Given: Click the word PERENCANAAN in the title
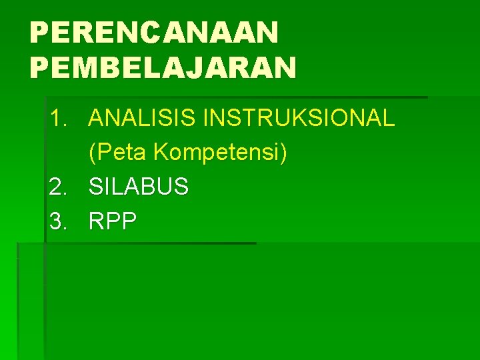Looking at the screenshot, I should click(x=154, y=31).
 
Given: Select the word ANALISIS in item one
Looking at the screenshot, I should click(x=143, y=119).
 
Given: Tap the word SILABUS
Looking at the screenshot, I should click(x=139, y=187).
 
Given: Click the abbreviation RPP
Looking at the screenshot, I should click(x=112, y=221).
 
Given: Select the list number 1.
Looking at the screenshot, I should click(x=58, y=119).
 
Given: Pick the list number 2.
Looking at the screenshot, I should click(x=58, y=187).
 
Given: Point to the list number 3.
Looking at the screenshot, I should click(x=58, y=221).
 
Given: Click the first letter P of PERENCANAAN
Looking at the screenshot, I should click(x=39, y=31).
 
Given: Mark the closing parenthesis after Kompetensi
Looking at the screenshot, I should click(x=284, y=153).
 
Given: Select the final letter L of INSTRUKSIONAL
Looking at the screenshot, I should click(x=389, y=119).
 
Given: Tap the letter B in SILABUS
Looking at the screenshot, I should click(x=146, y=187).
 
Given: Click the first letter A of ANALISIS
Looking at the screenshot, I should click(x=97, y=119).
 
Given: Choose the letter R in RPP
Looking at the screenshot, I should click(x=97, y=221).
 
